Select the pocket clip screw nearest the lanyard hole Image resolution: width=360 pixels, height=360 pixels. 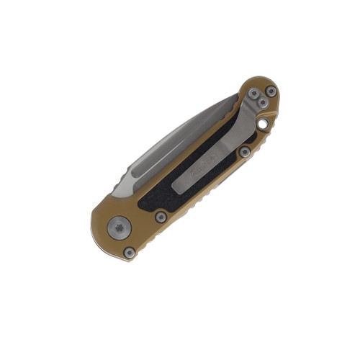tap(264, 104)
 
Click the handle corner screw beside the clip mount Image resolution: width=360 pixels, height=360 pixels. tap(271, 91)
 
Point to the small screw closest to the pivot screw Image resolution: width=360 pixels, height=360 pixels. tap(130, 252)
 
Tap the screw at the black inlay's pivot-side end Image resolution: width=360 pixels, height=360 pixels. tap(161, 216)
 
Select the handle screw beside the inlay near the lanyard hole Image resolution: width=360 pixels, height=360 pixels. tap(245, 152)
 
